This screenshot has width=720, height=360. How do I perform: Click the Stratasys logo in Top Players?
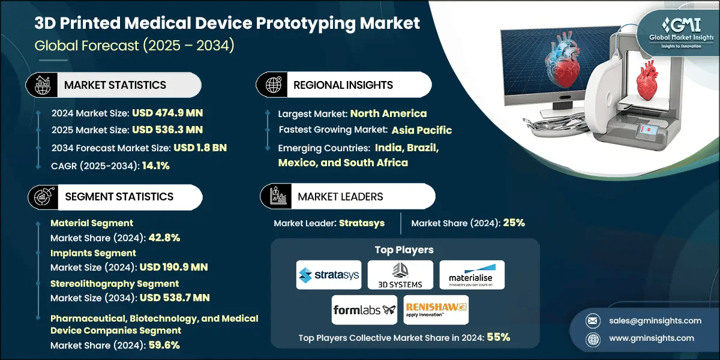point(329,275)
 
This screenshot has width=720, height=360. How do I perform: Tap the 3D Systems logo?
point(400,275)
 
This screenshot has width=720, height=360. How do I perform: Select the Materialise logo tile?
point(472,275)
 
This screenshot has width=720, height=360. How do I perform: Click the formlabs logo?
point(364,310)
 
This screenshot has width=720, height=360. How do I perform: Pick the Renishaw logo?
point(436,310)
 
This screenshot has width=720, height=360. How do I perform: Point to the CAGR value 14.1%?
point(155,166)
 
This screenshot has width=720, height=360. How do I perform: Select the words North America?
point(388,113)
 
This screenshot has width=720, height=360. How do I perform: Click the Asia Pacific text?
point(422,130)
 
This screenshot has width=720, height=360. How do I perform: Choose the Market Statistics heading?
point(115,85)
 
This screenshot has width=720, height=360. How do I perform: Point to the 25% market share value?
point(514,223)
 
